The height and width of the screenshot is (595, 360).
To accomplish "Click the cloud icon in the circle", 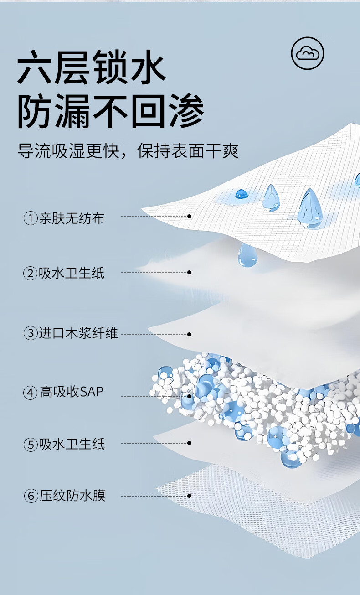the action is tap(308, 54).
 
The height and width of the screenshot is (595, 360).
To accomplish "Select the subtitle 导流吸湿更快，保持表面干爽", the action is tap(128, 150).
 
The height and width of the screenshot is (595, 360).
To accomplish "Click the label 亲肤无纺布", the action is tap(72, 218).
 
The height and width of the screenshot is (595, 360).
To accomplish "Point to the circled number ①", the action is tap(30, 219).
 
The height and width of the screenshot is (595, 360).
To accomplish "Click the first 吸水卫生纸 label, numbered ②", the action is tap(72, 273).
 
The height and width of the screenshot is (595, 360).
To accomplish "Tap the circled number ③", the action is tap(30, 334).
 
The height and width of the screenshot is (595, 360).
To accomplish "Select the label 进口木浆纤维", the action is tap(78, 333).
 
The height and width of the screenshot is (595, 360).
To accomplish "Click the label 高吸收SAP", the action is tap(72, 392).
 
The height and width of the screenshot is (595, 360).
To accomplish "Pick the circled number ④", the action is tap(30, 392).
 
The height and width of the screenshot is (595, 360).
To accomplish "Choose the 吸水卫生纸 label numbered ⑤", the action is tap(72, 444).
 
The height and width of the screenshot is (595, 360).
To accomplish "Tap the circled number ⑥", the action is tap(30, 496).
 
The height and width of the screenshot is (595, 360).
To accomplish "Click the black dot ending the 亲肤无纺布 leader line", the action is tap(189, 216).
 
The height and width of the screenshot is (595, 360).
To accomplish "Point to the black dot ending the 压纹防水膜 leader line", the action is tap(189, 496).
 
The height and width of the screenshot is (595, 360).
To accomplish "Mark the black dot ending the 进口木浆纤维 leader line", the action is tap(189, 334).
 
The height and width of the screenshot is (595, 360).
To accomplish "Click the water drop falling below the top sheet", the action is tap(247, 255).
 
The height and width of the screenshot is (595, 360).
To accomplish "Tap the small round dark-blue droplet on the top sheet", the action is tap(242, 194).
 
